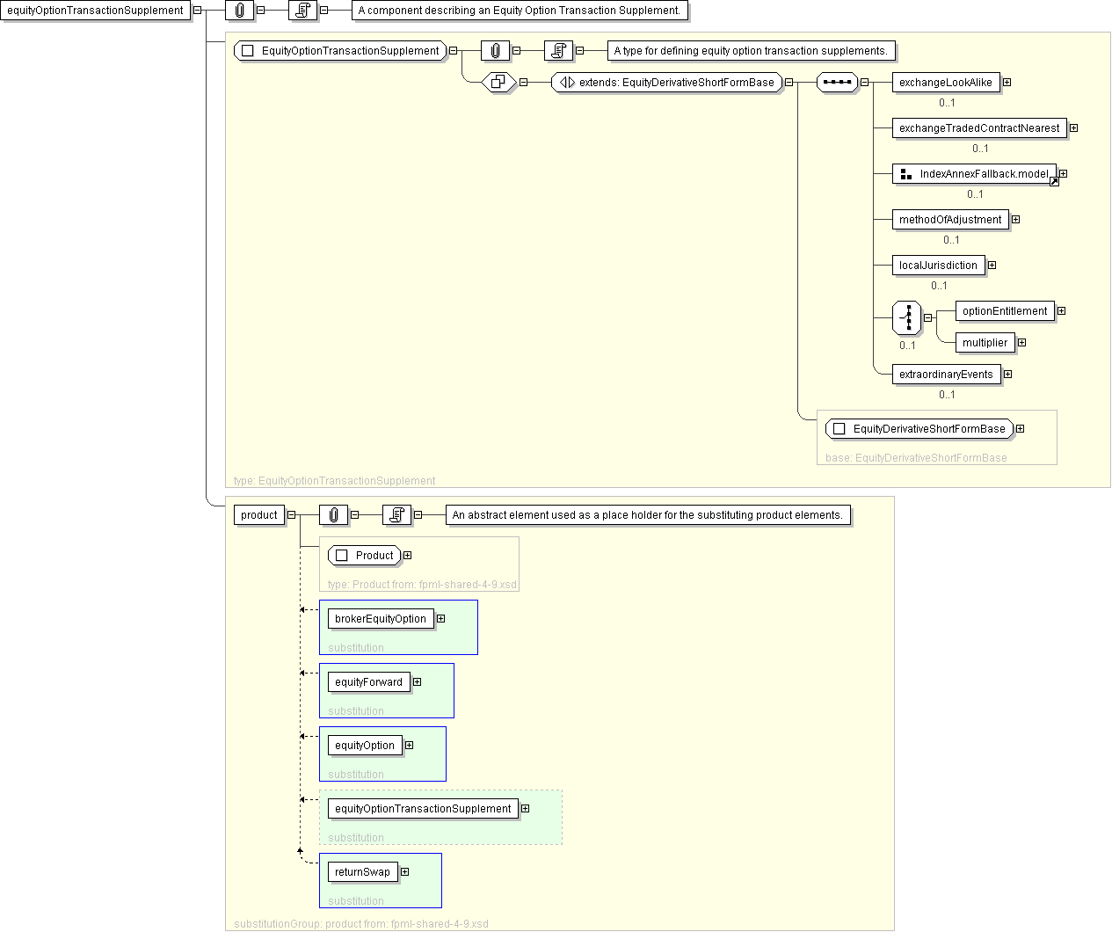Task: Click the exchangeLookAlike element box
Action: pyautogui.click(x=945, y=83)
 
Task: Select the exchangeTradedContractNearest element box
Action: pyautogui.click(x=979, y=128)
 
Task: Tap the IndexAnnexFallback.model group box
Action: pyautogui.click(x=974, y=174)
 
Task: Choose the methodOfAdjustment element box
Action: pyautogui.click(x=950, y=220)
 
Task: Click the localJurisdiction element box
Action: pyautogui.click(x=938, y=266)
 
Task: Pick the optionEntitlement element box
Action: pyautogui.click(x=1005, y=311)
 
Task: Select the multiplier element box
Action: pyautogui.click(x=985, y=343)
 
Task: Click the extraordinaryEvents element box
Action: pyautogui.click(x=947, y=375)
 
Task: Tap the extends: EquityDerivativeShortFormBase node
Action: pyautogui.click(x=667, y=83)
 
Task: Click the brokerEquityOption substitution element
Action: pyautogui.click(x=381, y=619)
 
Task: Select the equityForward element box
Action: pyautogui.click(x=369, y=682)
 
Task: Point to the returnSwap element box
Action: pyautogui.click(x=363, y=872)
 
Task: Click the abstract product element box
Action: pyautogui.click(x=258, y=515)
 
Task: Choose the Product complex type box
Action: pyautogui.click(x=364, y=556)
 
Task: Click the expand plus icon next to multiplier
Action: pyautogui.click(x=1022, y=343)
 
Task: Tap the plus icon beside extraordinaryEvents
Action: pyautogui.click(x=1007, y=375)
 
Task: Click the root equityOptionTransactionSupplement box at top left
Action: pyautogui.click(x=95, y=11)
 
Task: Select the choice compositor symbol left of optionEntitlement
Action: pyautogui.click(x=907, y=317)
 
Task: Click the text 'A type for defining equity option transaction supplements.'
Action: pyautogui.click(x=751, y=51)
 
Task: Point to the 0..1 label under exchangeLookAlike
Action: pyautogui.click(x=947, y=103)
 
